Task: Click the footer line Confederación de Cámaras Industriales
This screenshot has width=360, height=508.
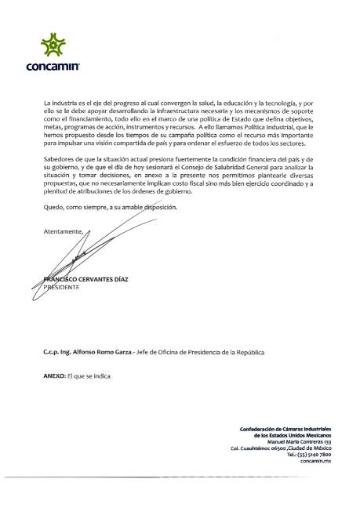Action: point(286,429)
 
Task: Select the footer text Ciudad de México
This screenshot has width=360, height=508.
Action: point(311,448)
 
